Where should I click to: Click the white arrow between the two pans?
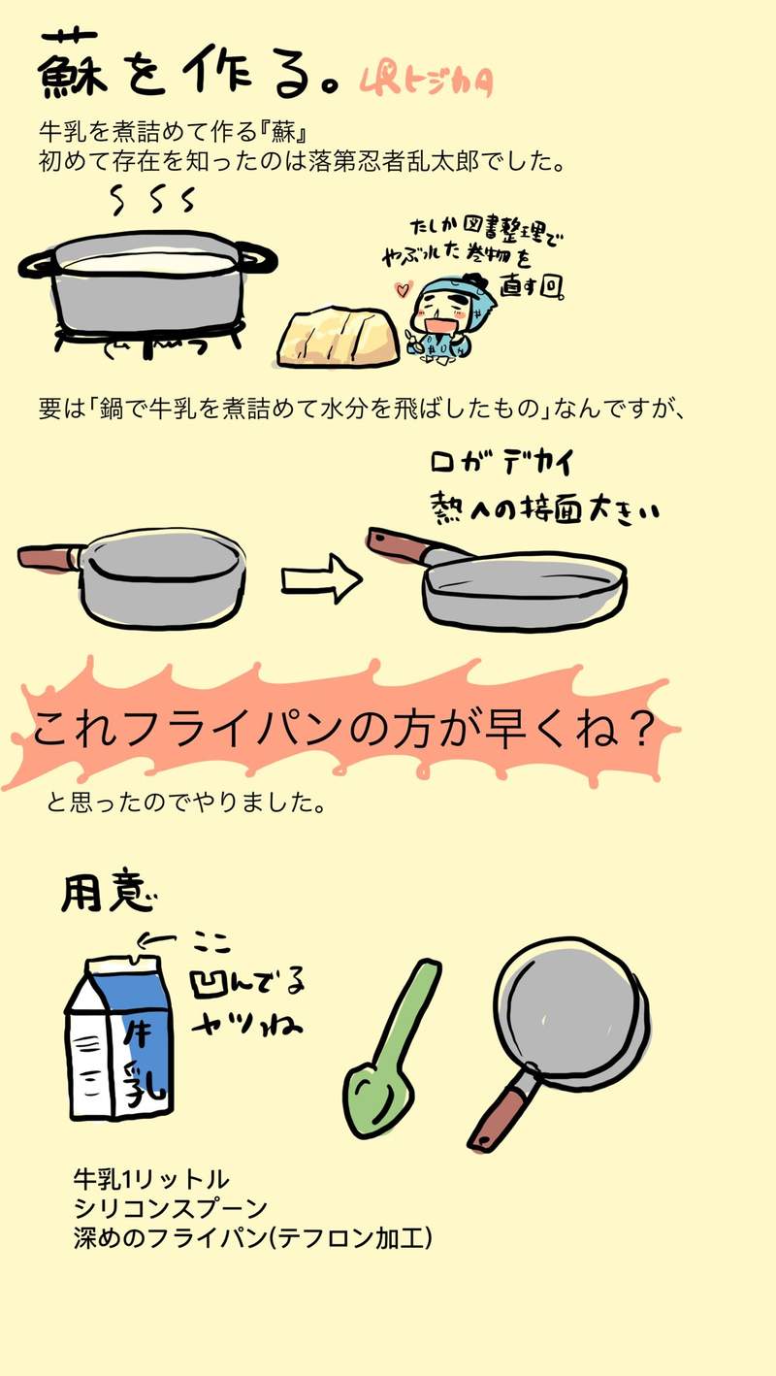pos(321,580)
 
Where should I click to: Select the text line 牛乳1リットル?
pos(150,1179)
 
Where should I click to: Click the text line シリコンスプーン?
pos(170,1209)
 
